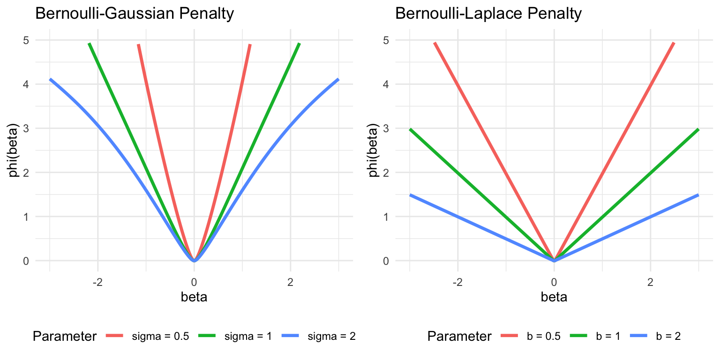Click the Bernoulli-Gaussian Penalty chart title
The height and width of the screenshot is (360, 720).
[x=135, y=14]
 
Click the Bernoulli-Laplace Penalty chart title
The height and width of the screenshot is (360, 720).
[x=488, y=14]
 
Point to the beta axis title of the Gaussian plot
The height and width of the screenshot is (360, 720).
[x=194, y=297]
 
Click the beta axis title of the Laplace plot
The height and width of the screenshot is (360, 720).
[x=554, y=297]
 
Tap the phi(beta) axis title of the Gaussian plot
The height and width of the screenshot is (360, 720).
[x=15, y=150]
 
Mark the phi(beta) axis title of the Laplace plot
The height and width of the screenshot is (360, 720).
[x=375, y=150]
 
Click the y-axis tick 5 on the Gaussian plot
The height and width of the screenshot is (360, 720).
[x=26, y=40]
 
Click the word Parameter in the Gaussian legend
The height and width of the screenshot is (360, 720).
[x=65, y=336]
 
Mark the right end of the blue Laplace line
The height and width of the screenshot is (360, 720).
[x=698, y=195]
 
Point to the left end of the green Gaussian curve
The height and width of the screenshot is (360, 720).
[x=89, y=43]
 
